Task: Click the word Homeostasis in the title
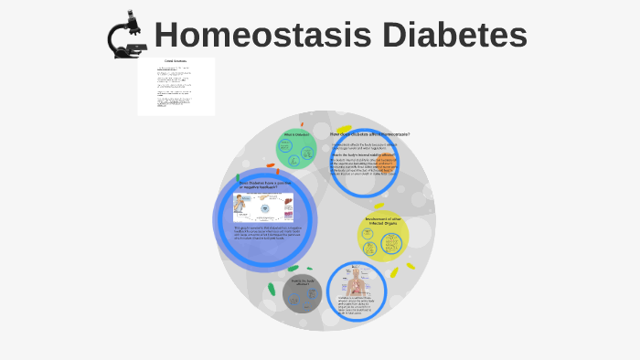pyautogui.click(x=261, y=36)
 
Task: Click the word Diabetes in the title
pyautogui.click(x=454, y=36)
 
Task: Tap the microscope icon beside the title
pyautogui.click(x=127, y=35)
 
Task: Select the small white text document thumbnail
pyautogui.click(x=176, y=87)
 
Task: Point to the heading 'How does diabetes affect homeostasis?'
pyautogui.click(x=369, y=134)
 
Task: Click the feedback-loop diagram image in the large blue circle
pyautogui.click(x=264, y=206)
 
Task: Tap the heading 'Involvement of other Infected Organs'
pyautogui.click(x=383, y=220)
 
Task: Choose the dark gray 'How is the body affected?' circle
pyautogui.click(x=302, y=293)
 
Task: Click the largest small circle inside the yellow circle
pyautogui.click(x=391, y=243)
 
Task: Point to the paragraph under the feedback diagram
pyautogui.click(x=264, y=234)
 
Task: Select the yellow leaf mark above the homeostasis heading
pyautogui.click(x=344, y=129)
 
